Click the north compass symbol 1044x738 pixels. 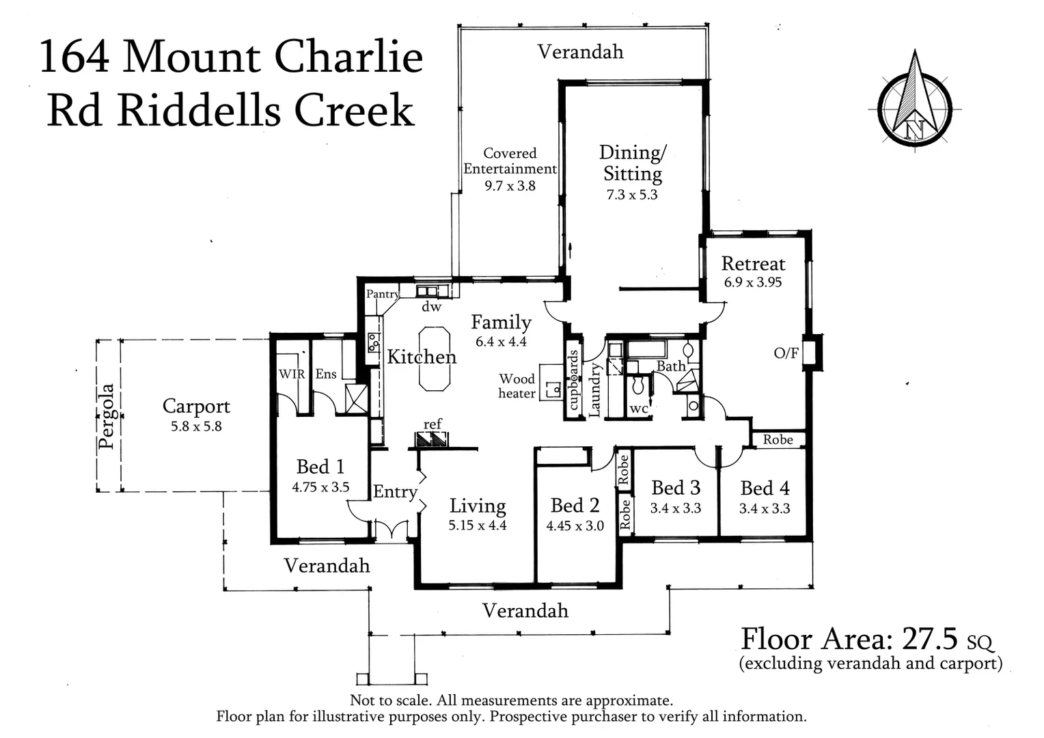[914, 102]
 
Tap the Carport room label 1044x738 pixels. [196, 406]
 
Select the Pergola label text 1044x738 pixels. [106, 416]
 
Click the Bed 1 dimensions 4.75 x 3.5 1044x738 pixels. [320, 487]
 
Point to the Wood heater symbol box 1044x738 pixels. [549, 383]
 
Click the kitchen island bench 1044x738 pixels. [434, 359]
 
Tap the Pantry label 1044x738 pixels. [382, 294]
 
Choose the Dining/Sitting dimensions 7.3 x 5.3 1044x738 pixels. [632, 195]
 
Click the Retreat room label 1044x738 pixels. [753, 264]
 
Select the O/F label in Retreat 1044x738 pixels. [786, 353]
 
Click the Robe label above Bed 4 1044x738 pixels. [778, 439]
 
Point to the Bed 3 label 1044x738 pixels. [675, 488]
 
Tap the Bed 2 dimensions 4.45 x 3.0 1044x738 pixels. [575, 526]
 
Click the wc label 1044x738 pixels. [638, 409]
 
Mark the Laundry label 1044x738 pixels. [594, 389]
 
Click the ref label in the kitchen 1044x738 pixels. [432, 424]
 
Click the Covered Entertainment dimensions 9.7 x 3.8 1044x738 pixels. [510, 186]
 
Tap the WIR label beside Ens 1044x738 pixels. [292, 374]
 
